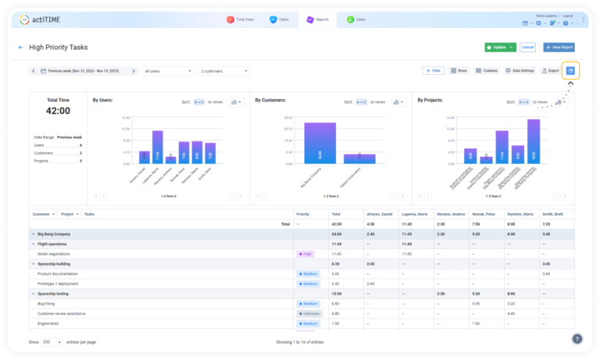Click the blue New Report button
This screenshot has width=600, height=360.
[x=559, y=47]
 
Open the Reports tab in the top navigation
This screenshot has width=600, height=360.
[x=318, y=19]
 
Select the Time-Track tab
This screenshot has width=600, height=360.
[x=241, y=19]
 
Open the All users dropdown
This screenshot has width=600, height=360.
[x=168, y=71]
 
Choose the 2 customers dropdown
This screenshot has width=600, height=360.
[x=224, y=71]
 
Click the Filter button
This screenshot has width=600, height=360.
[x=433, y=71]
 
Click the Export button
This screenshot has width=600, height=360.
[x=550, y=71]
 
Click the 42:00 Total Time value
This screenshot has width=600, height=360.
[x=59, y=111]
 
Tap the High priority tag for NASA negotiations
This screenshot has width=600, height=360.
[x=305, y=254]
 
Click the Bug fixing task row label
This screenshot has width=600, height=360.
[x=46, y=303]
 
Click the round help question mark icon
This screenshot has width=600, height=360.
[x=577, y=339]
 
